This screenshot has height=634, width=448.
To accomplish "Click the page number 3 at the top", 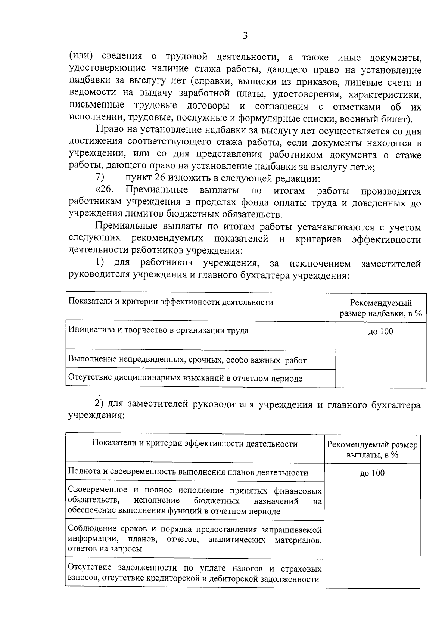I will pos(245,36).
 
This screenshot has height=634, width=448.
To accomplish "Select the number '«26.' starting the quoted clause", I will pos(105,190).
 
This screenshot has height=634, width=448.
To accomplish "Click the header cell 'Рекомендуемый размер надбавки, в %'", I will pos(381,308).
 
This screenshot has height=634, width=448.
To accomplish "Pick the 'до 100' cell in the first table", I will pos(381,332).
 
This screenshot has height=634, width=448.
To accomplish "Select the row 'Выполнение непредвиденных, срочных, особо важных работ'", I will pos(187,360).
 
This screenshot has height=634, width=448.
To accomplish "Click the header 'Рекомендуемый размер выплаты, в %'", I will pos(372,450).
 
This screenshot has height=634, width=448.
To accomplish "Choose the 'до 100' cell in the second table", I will pos(372,473).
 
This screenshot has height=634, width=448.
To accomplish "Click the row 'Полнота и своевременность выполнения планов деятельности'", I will pos(188,473).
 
